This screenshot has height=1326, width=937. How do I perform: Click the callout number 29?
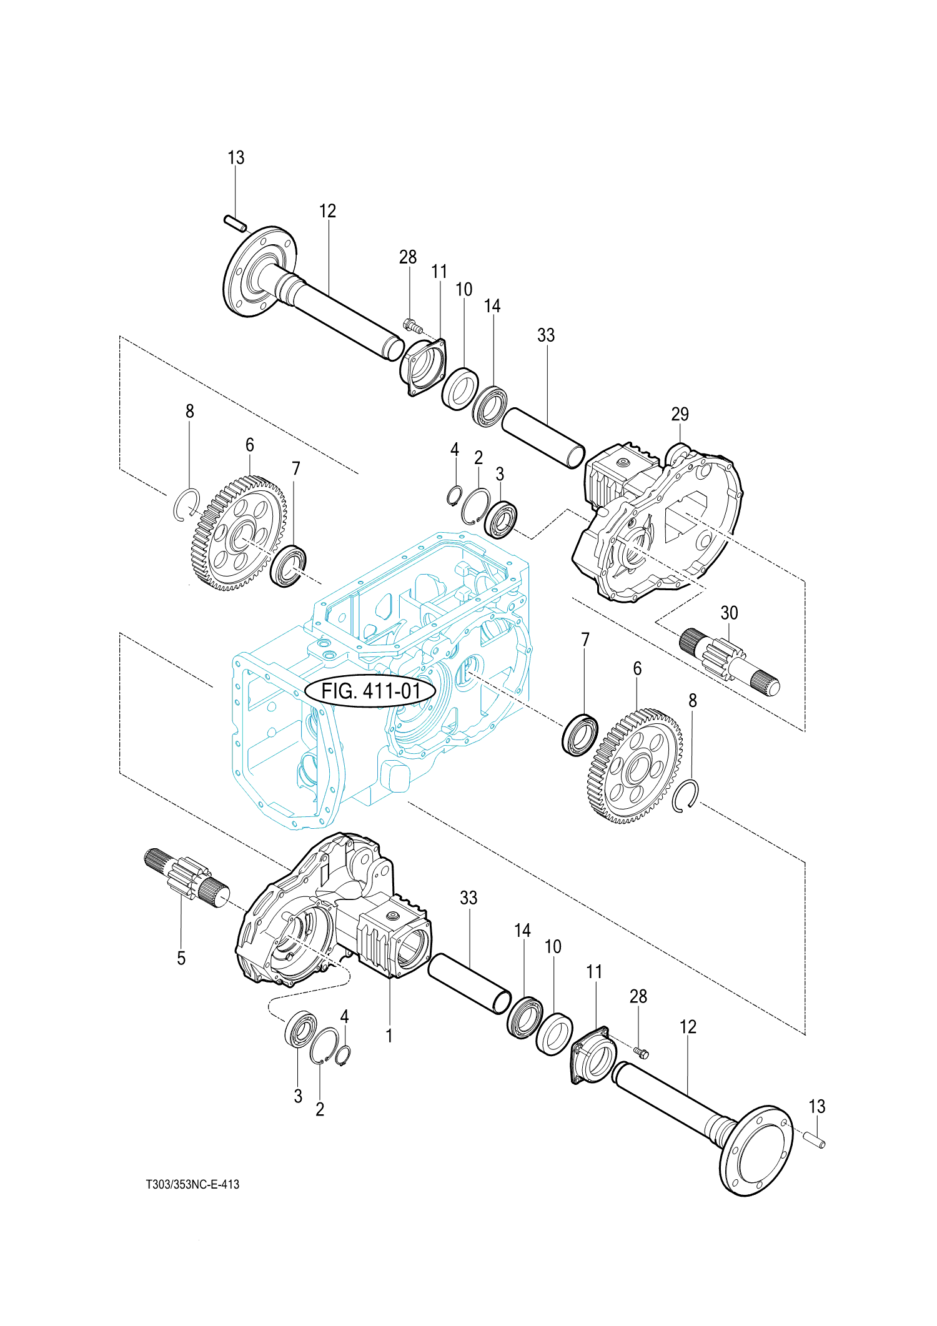(x=680, y=413)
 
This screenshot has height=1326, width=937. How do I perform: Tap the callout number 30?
(x=729, y=613)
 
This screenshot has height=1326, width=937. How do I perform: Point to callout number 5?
(x=181, y=957)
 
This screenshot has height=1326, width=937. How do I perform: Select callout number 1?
(x=389, y=1036)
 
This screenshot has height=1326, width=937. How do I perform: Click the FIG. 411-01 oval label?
(x=370, y=691)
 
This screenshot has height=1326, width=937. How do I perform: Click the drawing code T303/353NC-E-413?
(x=192, y=1184)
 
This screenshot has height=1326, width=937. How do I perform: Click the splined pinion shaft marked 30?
(x=730, y=661)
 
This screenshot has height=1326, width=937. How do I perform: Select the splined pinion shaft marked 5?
(x=187, y=878)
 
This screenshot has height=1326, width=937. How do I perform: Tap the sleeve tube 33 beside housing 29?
(x=543, y=438)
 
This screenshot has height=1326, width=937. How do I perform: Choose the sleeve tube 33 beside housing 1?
(x=470, y=983)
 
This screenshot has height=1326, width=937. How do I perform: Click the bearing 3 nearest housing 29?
(x=501, y=519)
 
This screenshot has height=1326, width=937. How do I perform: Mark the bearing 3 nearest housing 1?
(x=301, y=1028)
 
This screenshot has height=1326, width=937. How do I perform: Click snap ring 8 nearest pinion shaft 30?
(x=686, y=796)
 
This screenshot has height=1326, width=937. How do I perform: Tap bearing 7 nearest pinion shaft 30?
(x=580, y=734)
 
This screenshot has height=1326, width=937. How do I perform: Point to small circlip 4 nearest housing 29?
(x=454, y=495)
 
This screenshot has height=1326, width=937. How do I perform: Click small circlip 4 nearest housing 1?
(x=343, y=1055)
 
